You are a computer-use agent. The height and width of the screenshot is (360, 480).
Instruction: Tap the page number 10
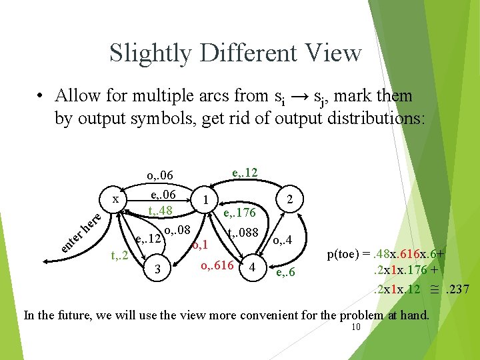tap(355, 327)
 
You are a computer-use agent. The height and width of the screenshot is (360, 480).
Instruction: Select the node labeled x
tap(115, 199)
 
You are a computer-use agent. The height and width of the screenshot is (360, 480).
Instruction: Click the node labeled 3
tap(156, 269)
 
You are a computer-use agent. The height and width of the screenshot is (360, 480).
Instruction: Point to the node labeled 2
tap(290, 199)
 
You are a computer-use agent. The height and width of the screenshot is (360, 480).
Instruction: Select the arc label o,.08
tap(177, 231)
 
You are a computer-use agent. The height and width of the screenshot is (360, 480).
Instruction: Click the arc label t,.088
tap(244, 234)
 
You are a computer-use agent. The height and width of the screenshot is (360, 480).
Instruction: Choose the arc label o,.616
tap(217, 265)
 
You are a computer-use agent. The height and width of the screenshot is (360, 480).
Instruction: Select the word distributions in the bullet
tap(375, 118)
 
